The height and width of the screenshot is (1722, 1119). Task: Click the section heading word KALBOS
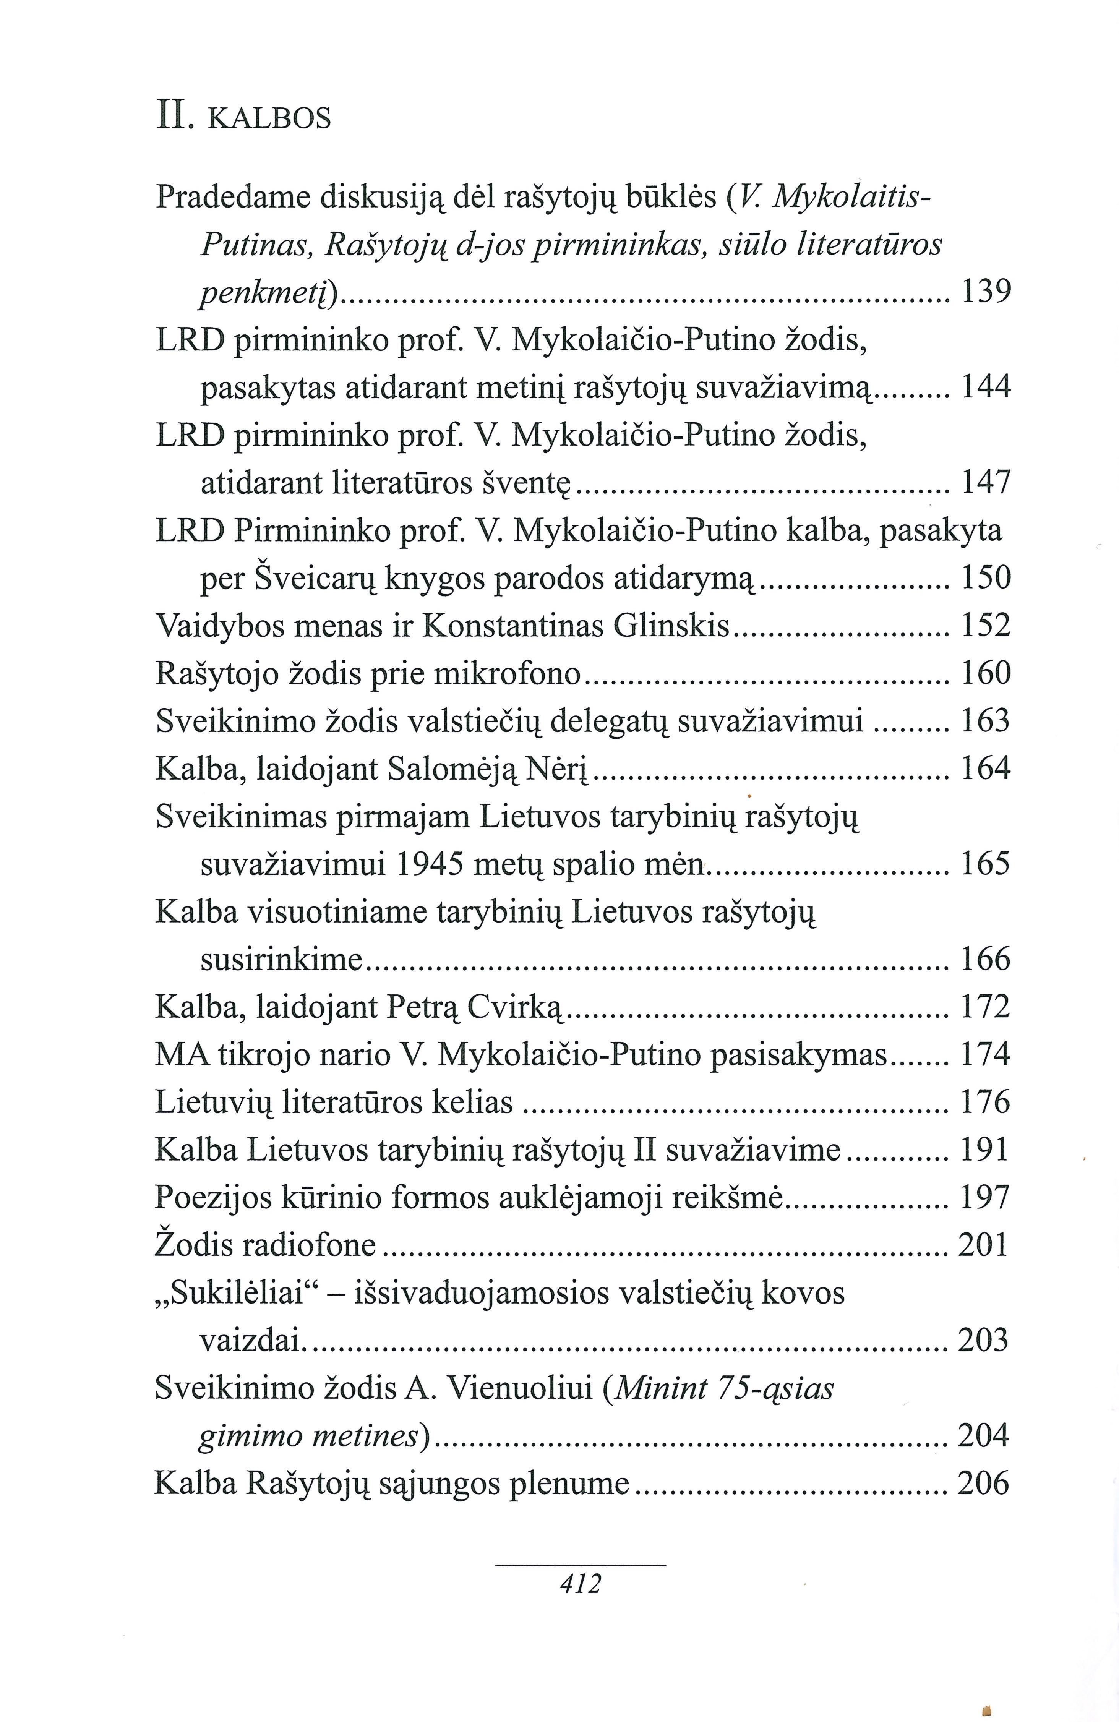tap(269, 118)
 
